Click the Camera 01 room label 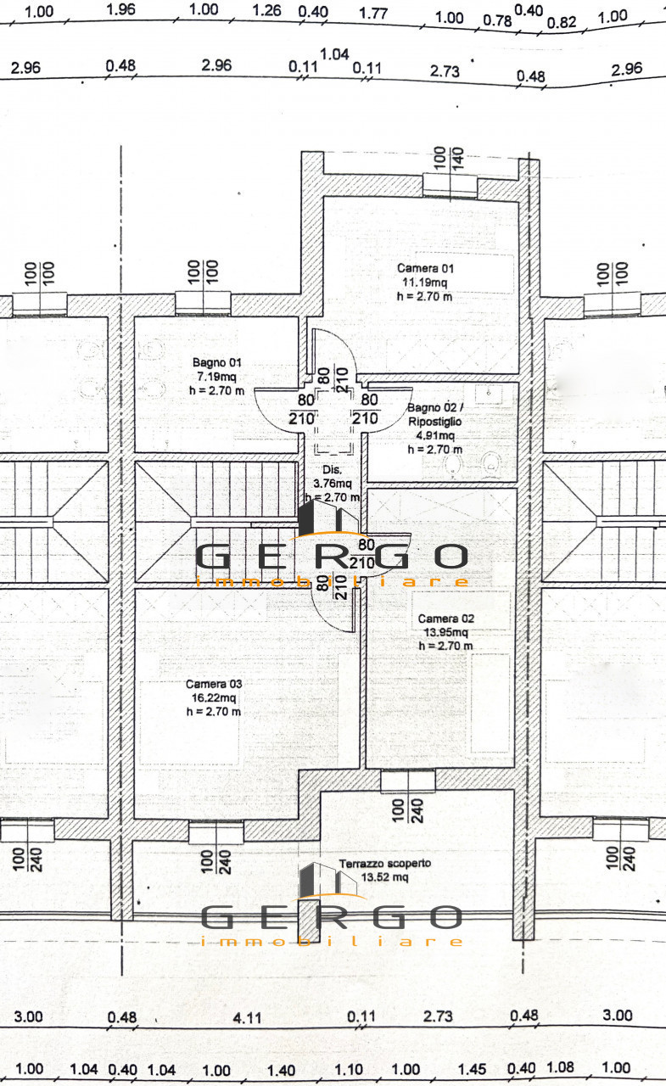click(425, 268)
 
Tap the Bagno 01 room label click(215, 361)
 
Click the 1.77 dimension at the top click(373, 13)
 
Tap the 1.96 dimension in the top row click(122, 10)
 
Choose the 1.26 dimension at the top click(266, 11)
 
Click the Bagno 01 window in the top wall click(204, 302)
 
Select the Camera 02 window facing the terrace click(407, 781)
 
